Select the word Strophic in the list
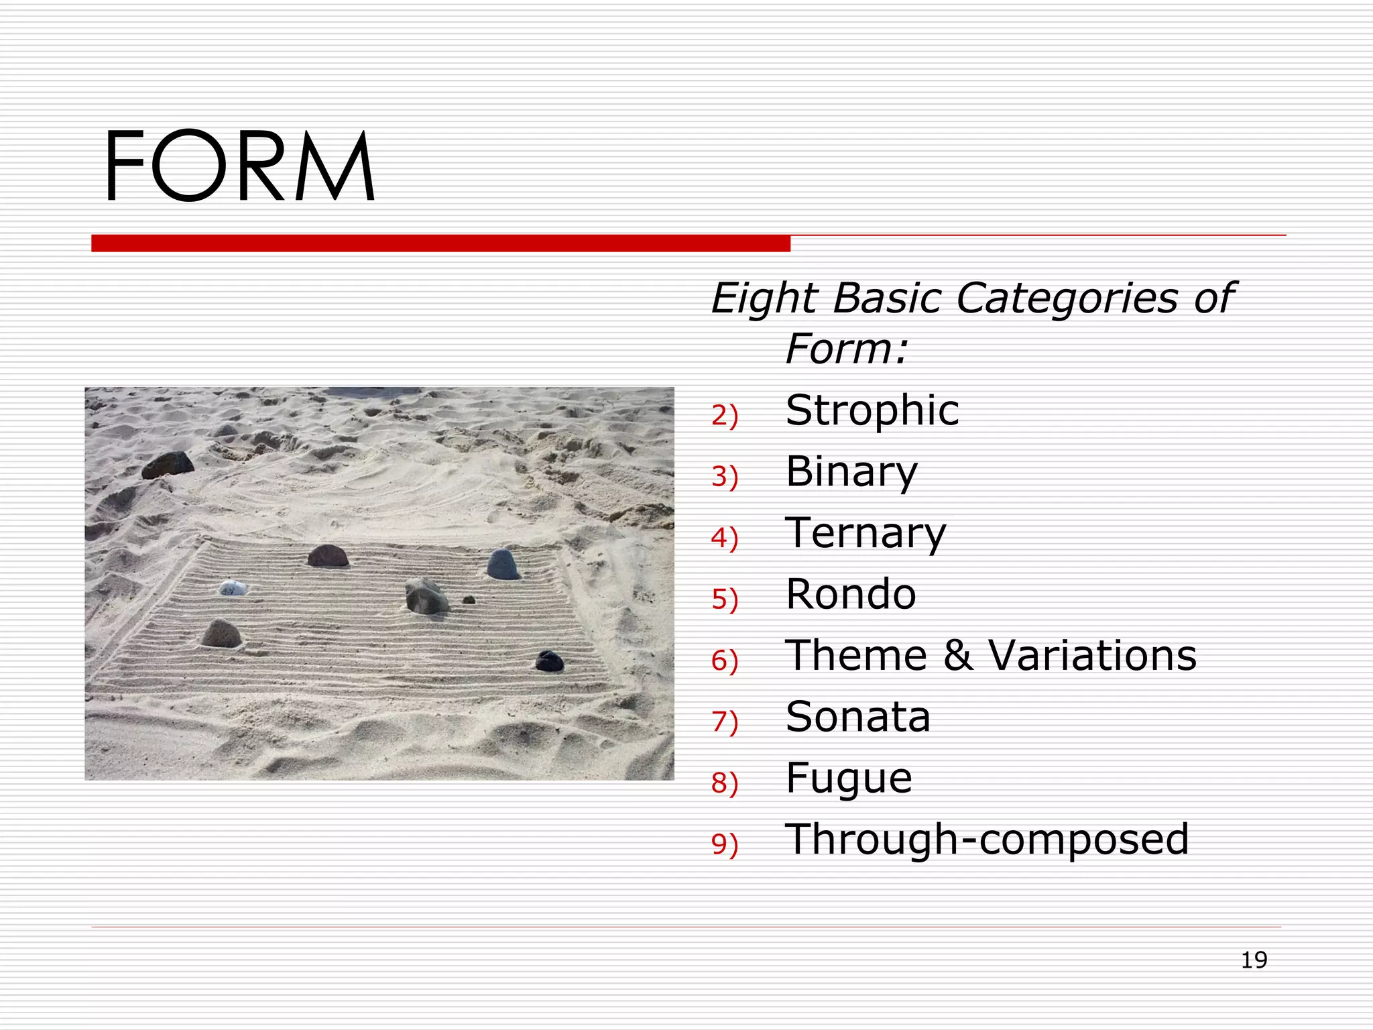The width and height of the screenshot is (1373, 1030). tap(872, 410)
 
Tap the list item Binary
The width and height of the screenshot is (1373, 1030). tap(851, 471)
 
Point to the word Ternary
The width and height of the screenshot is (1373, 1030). tap(865, 533)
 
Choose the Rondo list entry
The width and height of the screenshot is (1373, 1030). tap(851, 594)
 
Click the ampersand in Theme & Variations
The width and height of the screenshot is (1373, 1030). tap(958, 655)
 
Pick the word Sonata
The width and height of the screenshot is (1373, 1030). tap(858, 717)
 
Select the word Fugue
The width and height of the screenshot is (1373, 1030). tap(849, 779)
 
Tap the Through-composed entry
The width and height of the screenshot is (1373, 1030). tap(987, 840)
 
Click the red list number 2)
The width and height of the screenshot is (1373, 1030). tap(725, 416)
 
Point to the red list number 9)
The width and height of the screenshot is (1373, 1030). tap(725, 844)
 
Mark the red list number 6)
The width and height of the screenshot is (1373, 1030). tap(725, 661)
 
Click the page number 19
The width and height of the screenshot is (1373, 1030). tap(1254, 960)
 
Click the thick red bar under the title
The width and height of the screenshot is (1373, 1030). tap(440, 243)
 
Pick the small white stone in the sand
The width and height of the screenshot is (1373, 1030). tap(233, 588)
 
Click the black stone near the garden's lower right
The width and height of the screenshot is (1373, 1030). tap(550, 661)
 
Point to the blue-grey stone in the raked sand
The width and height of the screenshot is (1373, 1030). tap(503, 564)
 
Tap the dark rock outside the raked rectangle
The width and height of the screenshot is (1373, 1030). tap(168, 464)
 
